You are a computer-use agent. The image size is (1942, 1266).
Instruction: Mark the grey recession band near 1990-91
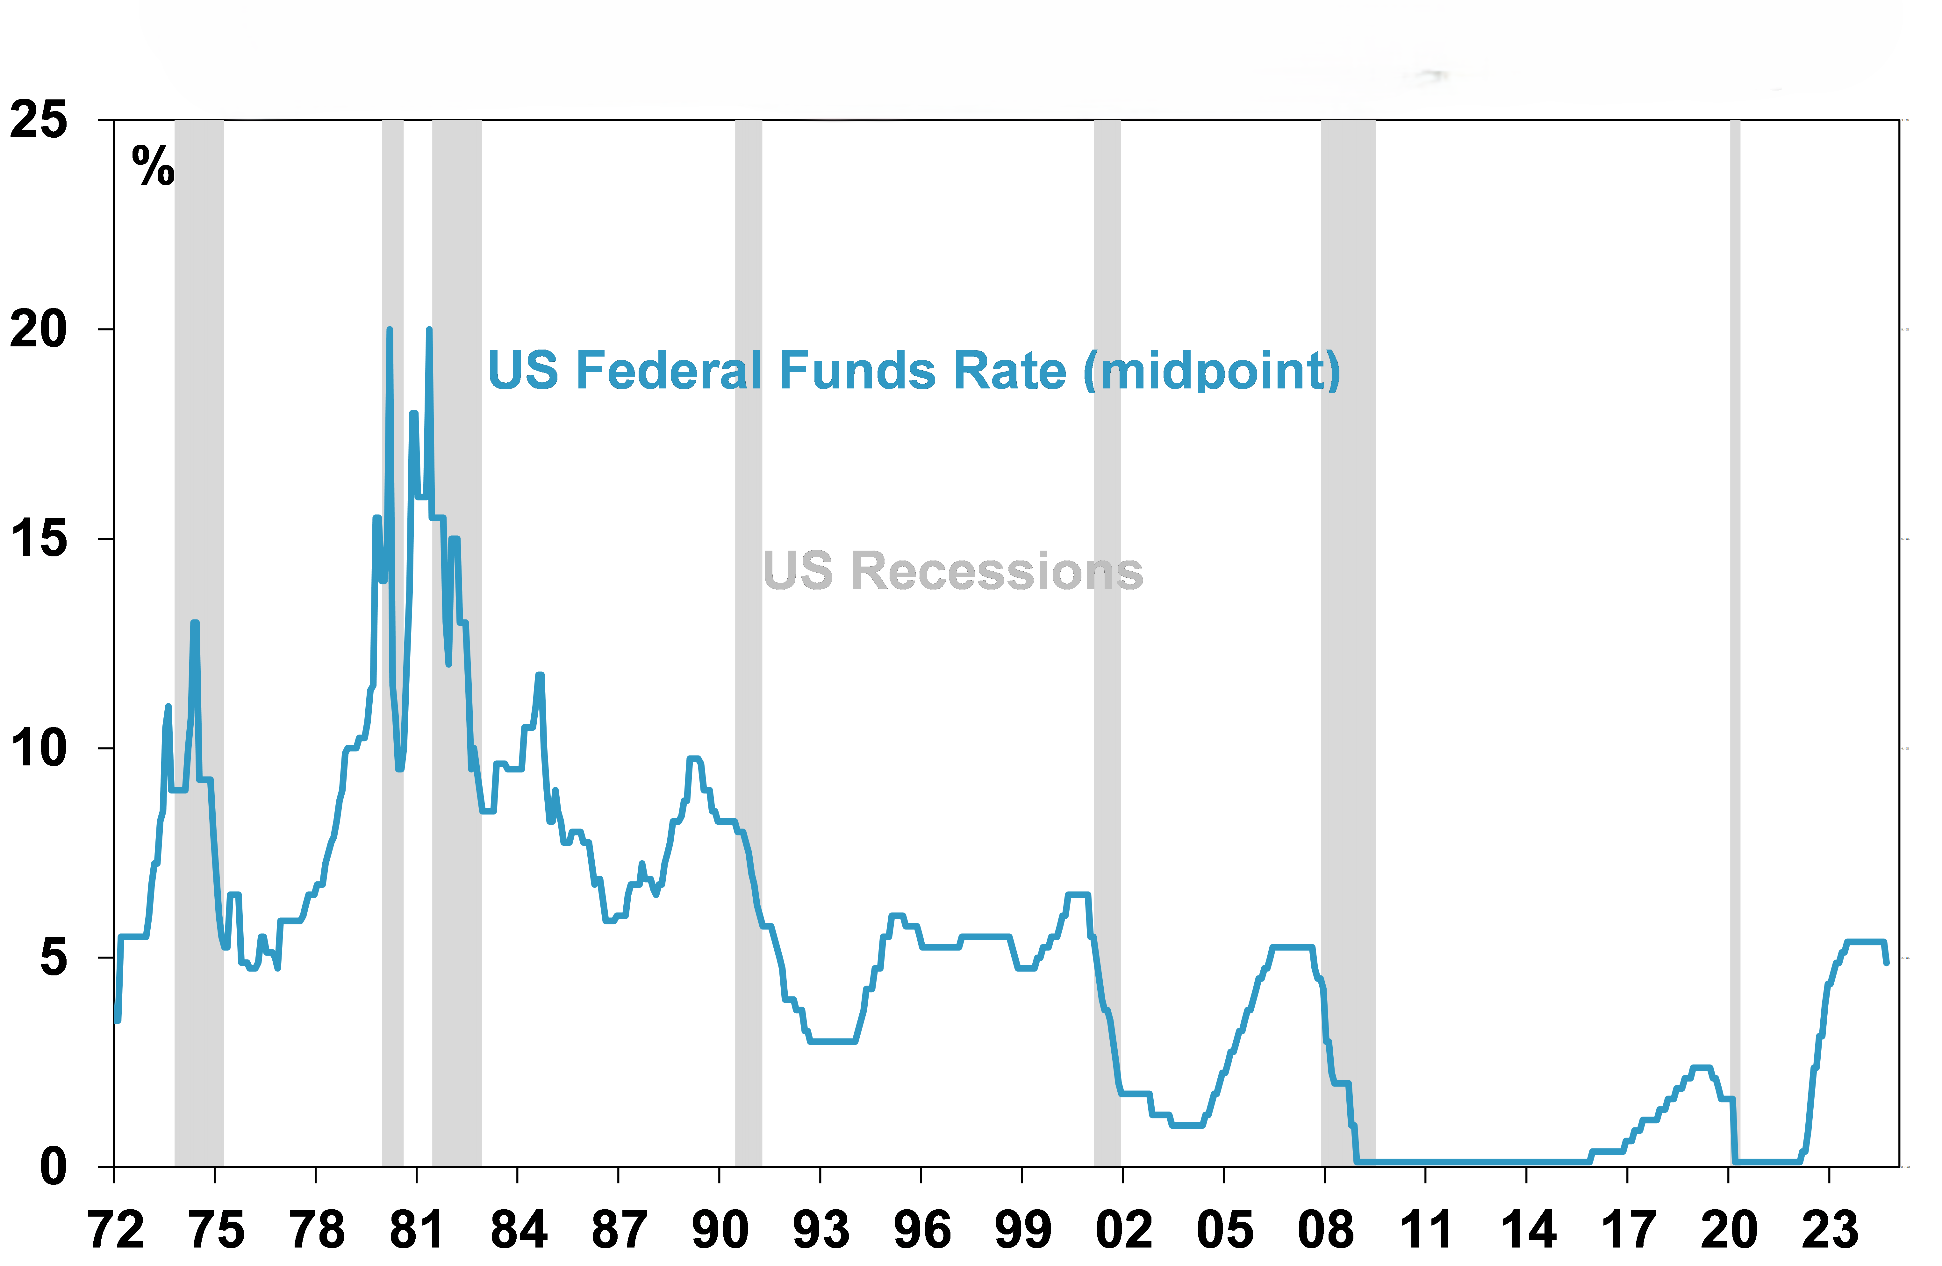pos(748,653)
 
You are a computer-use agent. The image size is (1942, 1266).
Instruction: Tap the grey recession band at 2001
pos(1107,653)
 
